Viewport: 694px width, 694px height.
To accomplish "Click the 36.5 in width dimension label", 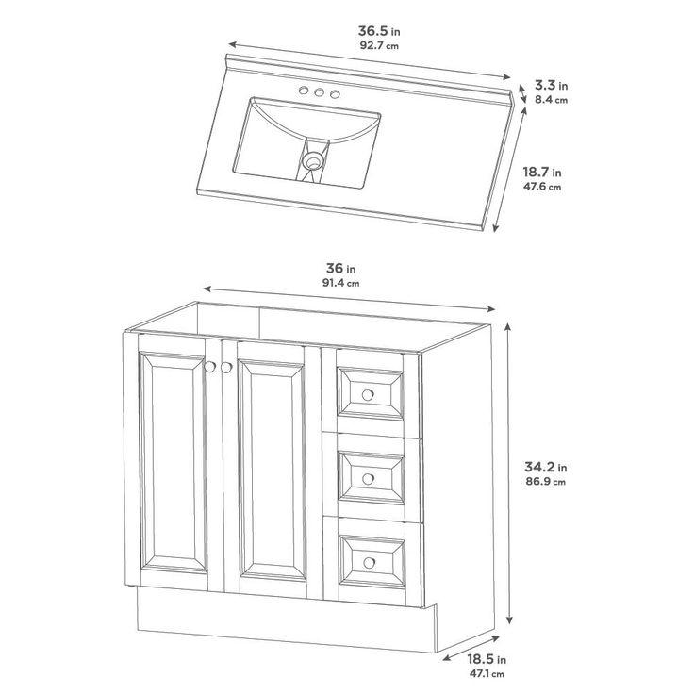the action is click(x=379, y=31).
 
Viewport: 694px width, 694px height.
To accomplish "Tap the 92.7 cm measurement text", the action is click(x=379, y=45).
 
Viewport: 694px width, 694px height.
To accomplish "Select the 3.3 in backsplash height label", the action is click(x=551, y=85).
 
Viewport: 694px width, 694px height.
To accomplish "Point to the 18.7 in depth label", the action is click(x=542, y=172).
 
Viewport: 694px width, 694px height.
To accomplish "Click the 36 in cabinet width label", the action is click(x=340, y=268).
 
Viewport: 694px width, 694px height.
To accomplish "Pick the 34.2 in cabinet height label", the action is click(x=546, y=467).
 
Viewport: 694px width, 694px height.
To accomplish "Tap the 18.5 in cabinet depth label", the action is click(x=487, y=659).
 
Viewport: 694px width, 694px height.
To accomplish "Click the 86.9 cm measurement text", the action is click(x=546, y=482).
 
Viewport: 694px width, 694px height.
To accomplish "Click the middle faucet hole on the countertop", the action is click(x=319, y=92).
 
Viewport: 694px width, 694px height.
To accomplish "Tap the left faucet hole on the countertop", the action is click(x=304, y=91).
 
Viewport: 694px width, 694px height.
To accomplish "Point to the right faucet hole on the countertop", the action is click(x=335, y=94).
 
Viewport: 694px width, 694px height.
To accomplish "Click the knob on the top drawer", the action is click(x=368, y=395).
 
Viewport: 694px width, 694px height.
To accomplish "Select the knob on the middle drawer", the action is click(x=368, y=478).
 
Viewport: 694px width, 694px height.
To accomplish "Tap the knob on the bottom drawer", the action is click(x=369, y=563).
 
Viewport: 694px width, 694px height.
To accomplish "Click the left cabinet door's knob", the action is click(x=210, y=367).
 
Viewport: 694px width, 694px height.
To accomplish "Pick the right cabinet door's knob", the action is click(x=226, y=368).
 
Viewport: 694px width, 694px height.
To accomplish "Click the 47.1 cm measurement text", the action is click(x=487, y=674).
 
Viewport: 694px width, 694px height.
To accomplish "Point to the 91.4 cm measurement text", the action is click(x=340, y=283).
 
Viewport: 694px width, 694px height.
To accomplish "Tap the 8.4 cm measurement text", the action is click(x=551, y=100).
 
